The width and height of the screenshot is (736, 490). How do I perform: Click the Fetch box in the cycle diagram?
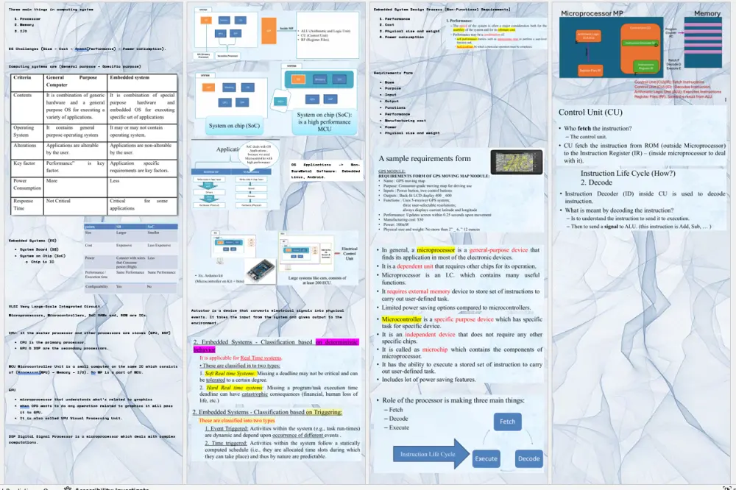coord(508,422)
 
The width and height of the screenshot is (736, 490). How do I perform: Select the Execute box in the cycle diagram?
coord(486,458)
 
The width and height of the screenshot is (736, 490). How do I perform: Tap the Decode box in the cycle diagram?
coord(529,458)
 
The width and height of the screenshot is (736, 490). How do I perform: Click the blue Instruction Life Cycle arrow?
coord(428,454)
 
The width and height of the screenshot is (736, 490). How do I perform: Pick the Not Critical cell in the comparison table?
coord(59,200)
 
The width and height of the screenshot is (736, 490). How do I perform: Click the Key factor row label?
coord(25,163)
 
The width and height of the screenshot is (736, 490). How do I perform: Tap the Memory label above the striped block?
coord(707,13)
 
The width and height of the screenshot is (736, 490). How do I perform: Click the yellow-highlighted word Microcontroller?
coord(401,319)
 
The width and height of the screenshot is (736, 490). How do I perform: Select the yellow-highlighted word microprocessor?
coord(436,250)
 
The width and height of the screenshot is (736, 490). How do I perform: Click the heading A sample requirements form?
coord(424,158)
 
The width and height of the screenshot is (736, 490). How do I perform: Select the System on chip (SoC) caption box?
coord(234,125)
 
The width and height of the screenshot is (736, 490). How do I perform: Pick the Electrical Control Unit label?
coord(349,254)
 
